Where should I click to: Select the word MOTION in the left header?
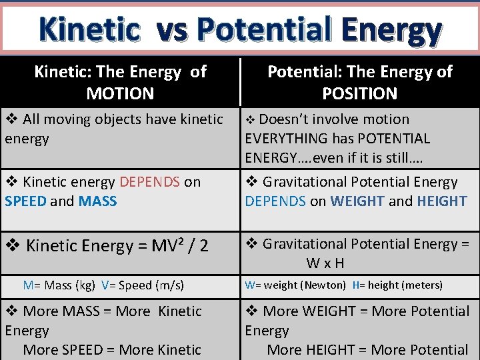(x=120, y=93)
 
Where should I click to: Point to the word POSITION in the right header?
(x=359, y=93)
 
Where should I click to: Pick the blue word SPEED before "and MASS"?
(x=25, y=201)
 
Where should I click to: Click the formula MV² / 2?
(x=173, y=246)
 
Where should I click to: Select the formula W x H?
(x=325, y=263)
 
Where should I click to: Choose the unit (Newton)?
(x=323, y=285)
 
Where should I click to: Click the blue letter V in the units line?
(x=105, y=285)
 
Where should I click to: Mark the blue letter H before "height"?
(x=355, y=285)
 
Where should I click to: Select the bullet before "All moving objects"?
(x=11, y=119)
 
